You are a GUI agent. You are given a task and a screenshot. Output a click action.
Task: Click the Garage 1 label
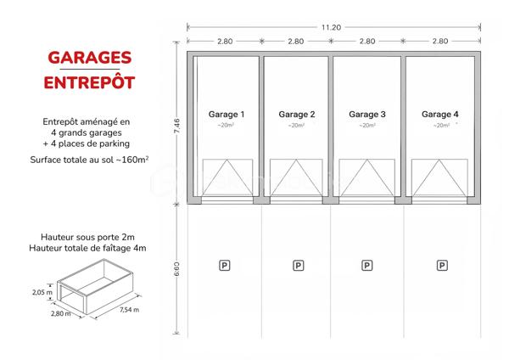[x=226, y=114]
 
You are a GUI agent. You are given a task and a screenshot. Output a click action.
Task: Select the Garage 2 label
[x=297, y=114]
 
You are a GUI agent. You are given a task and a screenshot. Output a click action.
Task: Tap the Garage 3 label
[x=367, y=114]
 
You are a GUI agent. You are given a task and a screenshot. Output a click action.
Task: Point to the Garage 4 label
[x=440, y=114]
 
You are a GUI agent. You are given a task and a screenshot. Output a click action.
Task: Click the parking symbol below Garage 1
[x=225, y=266]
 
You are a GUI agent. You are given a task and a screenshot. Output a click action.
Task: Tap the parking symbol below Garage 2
[x=298, y=266]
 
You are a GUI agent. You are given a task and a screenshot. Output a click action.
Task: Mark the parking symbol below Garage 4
[x=442, y=266]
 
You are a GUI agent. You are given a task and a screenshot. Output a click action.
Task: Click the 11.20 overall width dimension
[x=332, y=27]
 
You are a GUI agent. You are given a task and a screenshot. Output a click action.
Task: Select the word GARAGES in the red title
[x=89, y=58]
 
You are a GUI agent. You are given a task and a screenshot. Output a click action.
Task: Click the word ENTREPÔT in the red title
[x=89, y=82]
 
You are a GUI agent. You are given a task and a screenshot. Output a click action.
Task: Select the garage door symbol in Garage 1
[x=226, y=177]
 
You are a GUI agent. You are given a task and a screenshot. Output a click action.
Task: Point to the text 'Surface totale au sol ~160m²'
[x=89, y=159]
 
